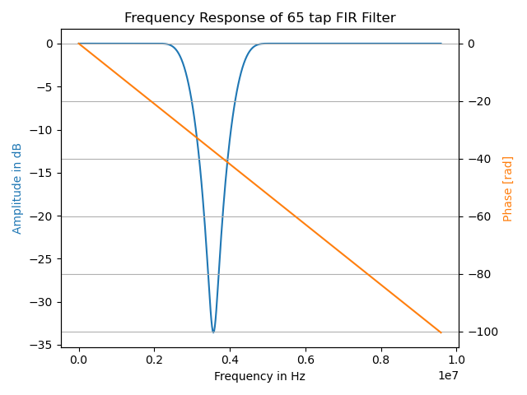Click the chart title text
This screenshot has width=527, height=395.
point(259,18)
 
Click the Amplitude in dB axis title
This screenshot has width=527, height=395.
point(17,188)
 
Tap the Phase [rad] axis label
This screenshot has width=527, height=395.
point(508,188)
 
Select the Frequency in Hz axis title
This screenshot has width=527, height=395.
point(259,376)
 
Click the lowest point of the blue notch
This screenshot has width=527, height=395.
point(213,332)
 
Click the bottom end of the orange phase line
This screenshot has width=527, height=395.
point(441,332)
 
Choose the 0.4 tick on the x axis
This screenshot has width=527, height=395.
point(230,360)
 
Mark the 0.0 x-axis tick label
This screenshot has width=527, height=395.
point(79,360)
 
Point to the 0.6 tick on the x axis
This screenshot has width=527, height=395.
point(305,360)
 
